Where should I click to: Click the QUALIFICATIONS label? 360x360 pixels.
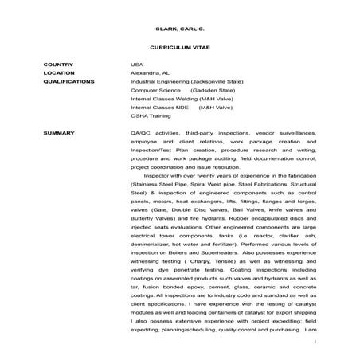coord(69,81)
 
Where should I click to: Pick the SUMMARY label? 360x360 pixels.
coord(58,132)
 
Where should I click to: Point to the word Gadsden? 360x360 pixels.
coord(197,91)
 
